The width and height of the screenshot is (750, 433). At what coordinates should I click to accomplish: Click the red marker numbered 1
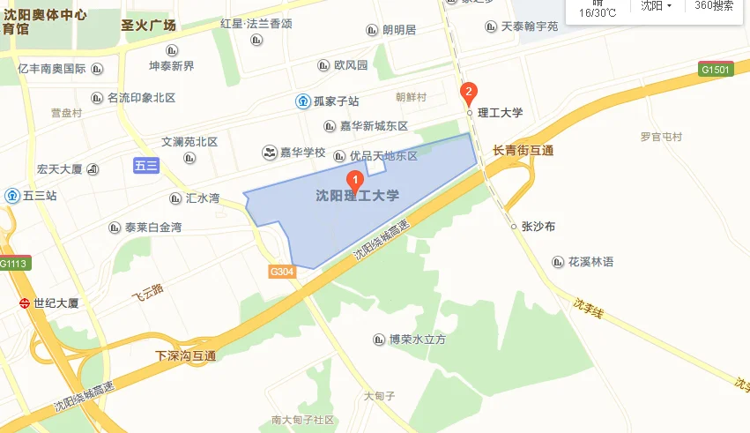click(355, 179)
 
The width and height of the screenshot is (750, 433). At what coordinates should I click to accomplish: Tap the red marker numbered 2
click(470, 91)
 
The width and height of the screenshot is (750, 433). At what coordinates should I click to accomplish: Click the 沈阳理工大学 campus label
click(358, 196)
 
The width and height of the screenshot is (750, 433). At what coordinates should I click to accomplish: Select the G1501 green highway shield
click(716, 69)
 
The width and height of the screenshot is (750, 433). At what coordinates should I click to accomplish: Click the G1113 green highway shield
click(14, 263)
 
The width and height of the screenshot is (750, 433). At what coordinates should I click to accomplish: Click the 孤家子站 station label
click(333, 101)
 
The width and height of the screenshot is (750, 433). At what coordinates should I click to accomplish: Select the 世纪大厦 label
click(56, 303)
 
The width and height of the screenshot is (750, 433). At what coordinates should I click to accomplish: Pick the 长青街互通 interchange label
click(524, 151)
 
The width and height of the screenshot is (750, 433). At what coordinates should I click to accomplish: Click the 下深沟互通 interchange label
click(185, 356)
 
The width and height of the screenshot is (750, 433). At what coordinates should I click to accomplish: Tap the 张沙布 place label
click(538, 227)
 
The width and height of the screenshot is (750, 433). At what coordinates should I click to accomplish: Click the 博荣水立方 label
click(418, 339)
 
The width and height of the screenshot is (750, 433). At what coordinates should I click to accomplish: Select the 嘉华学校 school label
click(302, 153)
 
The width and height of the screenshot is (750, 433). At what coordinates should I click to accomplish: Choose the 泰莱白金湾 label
click(152, 228)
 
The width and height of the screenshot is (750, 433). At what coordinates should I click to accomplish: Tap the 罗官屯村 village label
click(661, 137)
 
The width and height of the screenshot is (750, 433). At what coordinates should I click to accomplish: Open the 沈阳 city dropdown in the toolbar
click(656, 6)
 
